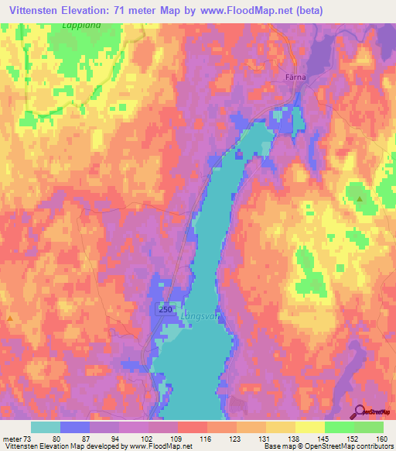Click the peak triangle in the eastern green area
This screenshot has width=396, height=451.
360,199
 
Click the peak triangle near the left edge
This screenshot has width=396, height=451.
9,318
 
